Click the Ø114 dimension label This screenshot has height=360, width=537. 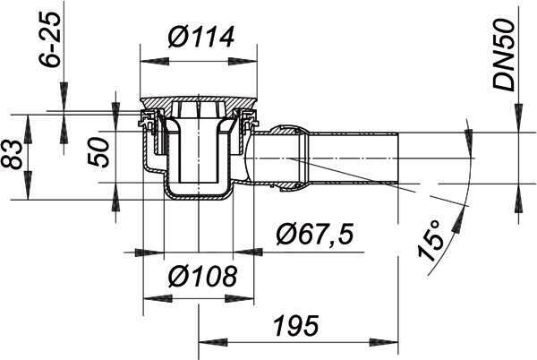pyautogui.click(x=201, y=37)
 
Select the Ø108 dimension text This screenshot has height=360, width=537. pyautogui.click(x=202, y=276)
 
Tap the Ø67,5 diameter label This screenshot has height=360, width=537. pyautogui.click(x=315, y=236)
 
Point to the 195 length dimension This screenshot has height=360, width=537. pyautogui.click(x=296, y=325)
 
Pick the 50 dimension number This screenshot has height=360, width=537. pyautogui.click(x=98, y=151)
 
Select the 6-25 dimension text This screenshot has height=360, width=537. pyautogui.click(x=50, y=40)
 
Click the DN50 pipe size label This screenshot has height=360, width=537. pyautogui.click(x=503, y=55)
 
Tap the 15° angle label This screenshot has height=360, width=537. pyautogui.click(x=430, y=241)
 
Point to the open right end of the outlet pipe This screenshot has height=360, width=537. pyautogui.click(x=397, y=158)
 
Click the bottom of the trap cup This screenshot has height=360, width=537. pyautogui.click(x=199, y=196)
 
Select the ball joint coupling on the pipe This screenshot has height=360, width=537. pyautogui.click(x=288, y=159)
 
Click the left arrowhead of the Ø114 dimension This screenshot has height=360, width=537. pyautogui.click(x=155, y=61)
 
